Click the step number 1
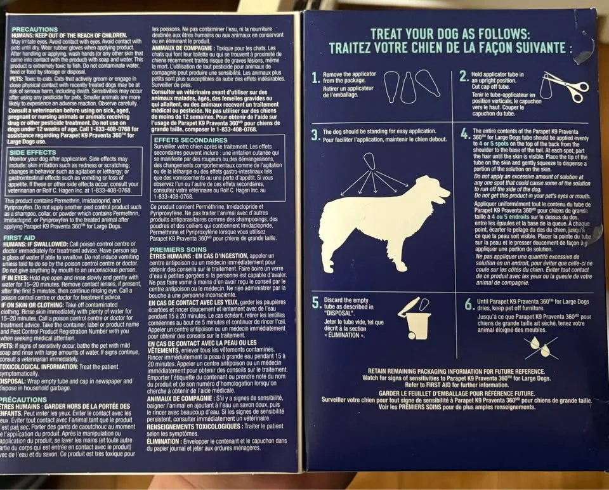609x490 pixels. click(316, 78)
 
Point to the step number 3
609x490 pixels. click(315, 135)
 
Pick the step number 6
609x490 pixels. click(469, 304)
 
